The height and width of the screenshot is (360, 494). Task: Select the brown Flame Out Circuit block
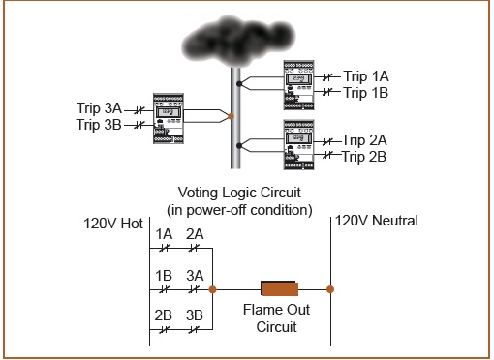pos(278,288)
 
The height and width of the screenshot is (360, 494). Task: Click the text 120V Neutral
pos(377,222)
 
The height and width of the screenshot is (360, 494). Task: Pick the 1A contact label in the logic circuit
pos(165,234)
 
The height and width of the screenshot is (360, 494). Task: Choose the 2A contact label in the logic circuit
pos(195,234)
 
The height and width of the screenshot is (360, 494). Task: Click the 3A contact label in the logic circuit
pos(195,275)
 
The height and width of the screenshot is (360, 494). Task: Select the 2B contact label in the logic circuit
pos(165,316)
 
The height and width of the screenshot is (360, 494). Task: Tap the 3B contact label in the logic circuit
pos(195,316)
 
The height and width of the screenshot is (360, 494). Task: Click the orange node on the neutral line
pos(330,288)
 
